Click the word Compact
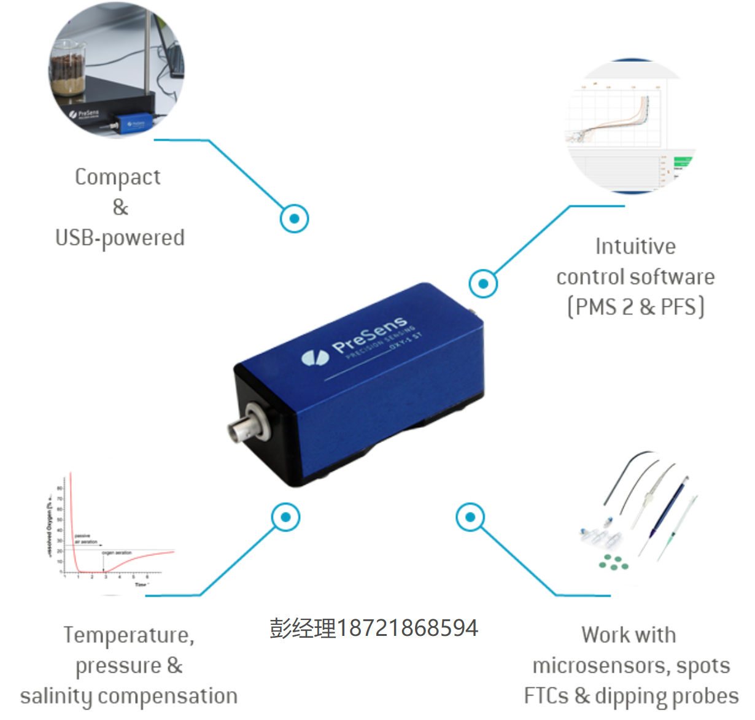117,177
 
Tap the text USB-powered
120,238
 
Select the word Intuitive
635,247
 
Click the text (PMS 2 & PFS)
635,307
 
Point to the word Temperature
128,635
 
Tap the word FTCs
546,697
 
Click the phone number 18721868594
407,629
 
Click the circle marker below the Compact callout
295,219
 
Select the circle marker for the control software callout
483,284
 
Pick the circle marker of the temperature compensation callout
285,517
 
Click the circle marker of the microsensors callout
470,517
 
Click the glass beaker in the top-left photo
68,68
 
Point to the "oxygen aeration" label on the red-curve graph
117,553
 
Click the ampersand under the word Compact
120,207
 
